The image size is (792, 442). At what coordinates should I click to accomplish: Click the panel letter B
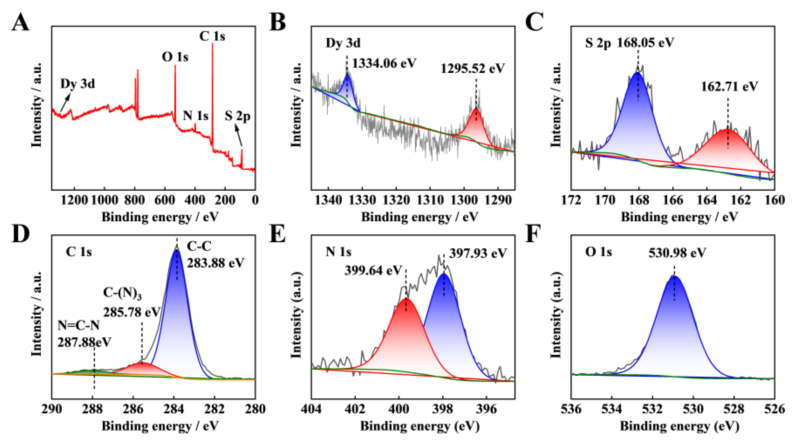(x=277, y=23)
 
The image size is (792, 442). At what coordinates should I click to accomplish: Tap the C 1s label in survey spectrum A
(x=212, y=36)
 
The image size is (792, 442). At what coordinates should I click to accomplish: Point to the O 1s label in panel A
(x=175, y=57)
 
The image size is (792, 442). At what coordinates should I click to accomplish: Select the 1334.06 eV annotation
(x=384, y=63)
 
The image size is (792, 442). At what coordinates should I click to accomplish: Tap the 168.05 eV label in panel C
(x=646, y=42)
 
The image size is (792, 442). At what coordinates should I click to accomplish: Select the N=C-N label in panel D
(x=79, y=325)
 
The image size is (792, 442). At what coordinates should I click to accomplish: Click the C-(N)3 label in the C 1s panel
(x=122, y=296)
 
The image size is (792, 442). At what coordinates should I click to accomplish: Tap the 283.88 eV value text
(x=216, y=263)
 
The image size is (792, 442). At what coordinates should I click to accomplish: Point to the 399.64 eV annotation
(x=373, y=270)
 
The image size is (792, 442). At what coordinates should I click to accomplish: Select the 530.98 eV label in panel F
(x=677, y=253)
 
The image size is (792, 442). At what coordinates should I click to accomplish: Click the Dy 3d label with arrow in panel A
(x=78, y=84)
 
